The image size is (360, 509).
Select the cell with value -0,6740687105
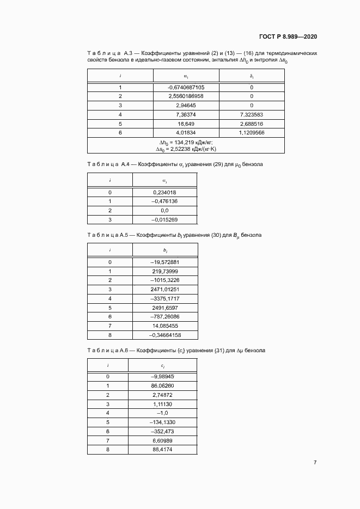tap(186, 88)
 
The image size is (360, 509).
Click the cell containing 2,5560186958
tap(186, 96)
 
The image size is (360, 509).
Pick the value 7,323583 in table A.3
tap(252, 114)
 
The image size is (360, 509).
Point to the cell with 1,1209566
tap(252, 132)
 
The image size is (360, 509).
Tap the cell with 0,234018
tap(165, 193)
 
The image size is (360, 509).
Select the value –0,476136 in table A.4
tap(164, 201)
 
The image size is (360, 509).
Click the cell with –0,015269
tap(164, 219)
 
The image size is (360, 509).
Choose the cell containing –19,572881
tap(164, 262)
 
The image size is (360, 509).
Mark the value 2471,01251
tap(165, 289)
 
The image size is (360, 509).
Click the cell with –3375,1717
tap(164, 298)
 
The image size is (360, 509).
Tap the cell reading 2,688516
tap(252, 124)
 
